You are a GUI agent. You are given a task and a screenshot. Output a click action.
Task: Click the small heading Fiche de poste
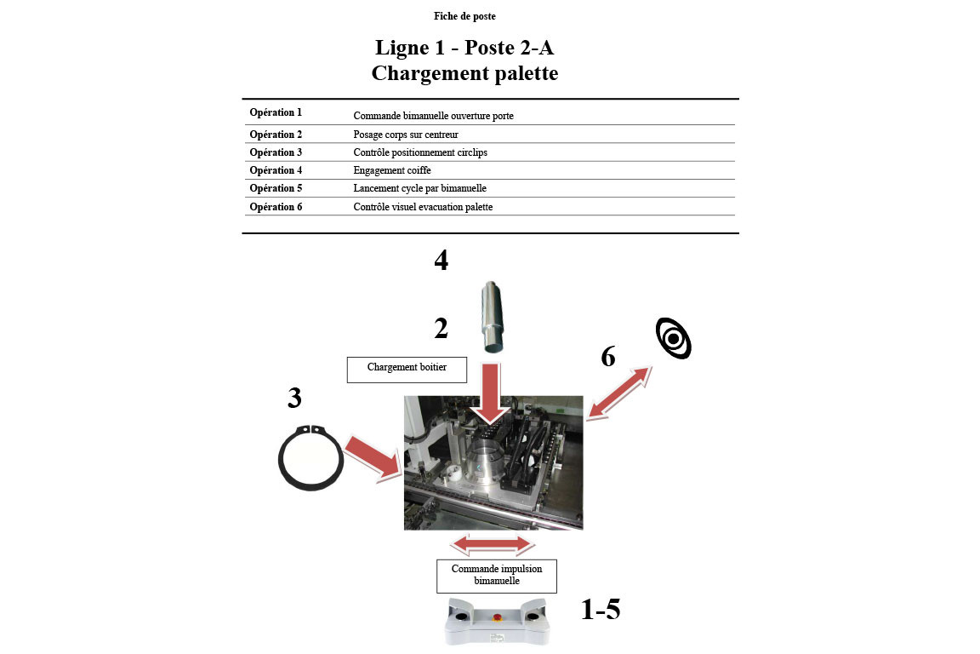(464, 16)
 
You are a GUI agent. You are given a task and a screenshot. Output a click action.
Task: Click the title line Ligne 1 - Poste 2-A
(464, 47)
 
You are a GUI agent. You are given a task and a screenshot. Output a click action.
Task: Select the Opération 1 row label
(276, 112)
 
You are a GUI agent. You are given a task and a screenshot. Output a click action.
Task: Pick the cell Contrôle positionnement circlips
(420, 152)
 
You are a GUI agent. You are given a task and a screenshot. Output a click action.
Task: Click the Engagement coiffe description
(392, 170)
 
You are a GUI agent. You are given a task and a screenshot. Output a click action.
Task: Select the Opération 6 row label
(276, 207)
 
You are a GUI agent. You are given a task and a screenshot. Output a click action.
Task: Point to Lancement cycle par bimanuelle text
(419, 188)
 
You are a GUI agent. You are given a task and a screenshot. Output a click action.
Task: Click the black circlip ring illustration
(311, 457)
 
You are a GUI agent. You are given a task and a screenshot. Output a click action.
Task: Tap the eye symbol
(673, 338)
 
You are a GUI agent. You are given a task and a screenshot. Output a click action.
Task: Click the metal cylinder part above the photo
(491, 317)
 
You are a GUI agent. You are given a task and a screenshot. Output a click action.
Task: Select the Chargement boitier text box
(407, 369)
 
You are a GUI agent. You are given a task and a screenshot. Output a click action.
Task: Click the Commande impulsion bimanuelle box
(496, 575)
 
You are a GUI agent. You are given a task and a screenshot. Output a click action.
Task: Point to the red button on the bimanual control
(497, 610)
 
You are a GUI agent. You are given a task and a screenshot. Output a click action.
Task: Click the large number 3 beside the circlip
(294, 398)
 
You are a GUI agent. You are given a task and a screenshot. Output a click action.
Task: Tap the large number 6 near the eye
(607, 358)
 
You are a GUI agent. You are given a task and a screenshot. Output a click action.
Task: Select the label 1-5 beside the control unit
(601, 610)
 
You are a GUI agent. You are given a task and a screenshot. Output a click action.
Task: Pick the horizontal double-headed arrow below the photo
(494, 544)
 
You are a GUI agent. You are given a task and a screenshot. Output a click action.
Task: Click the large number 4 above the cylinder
(441, 261)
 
